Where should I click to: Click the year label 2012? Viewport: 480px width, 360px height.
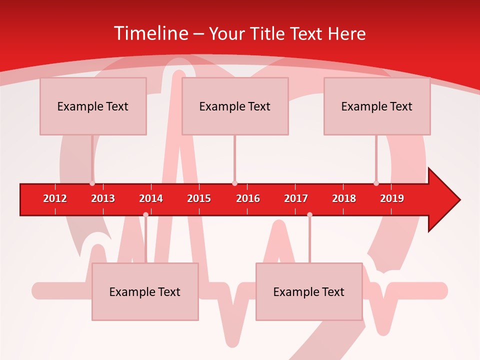click(55, 198)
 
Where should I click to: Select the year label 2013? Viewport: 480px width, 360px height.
click(103, 198)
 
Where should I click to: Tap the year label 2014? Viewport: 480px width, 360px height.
click(151, 198)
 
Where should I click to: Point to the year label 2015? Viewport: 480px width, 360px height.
click(199, 198)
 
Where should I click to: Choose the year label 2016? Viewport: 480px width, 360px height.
click(248, 198)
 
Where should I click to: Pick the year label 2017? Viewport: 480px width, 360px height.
click(296, 198)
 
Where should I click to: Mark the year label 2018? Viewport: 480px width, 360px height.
click(344, 198)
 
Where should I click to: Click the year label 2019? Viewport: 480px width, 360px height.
click(392, 198)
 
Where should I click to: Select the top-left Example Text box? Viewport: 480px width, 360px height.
click(93, 106)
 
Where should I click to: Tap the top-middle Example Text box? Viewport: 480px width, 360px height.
click(235, 106)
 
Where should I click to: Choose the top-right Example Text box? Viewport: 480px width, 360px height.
click(377, 106)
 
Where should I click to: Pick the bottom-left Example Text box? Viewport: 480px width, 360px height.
click(145, 291)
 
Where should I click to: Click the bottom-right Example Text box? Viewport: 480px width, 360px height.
click(309, 291)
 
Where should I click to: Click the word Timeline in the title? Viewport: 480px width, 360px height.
click(150, 33)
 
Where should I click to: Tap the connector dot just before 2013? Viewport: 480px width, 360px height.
click(92, 183)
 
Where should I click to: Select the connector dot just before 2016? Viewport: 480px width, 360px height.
click(234, 183)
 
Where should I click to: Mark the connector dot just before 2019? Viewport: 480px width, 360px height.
click(376, 183)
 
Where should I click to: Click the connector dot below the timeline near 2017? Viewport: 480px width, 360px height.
click(309, 215)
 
